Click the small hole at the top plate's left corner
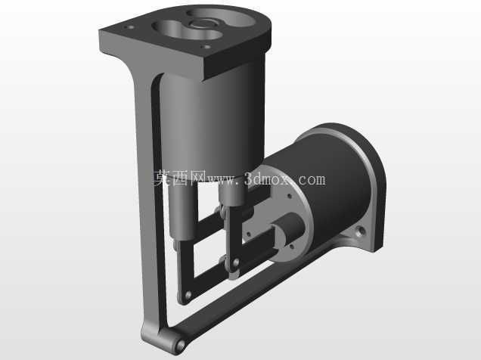(129, 27)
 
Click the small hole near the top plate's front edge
(206, 47)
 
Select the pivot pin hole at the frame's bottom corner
(180, 345)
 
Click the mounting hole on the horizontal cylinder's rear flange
(361, 230)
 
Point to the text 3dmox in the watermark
(266, 179)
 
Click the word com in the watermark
(312, 180)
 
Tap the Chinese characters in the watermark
(179, 178)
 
